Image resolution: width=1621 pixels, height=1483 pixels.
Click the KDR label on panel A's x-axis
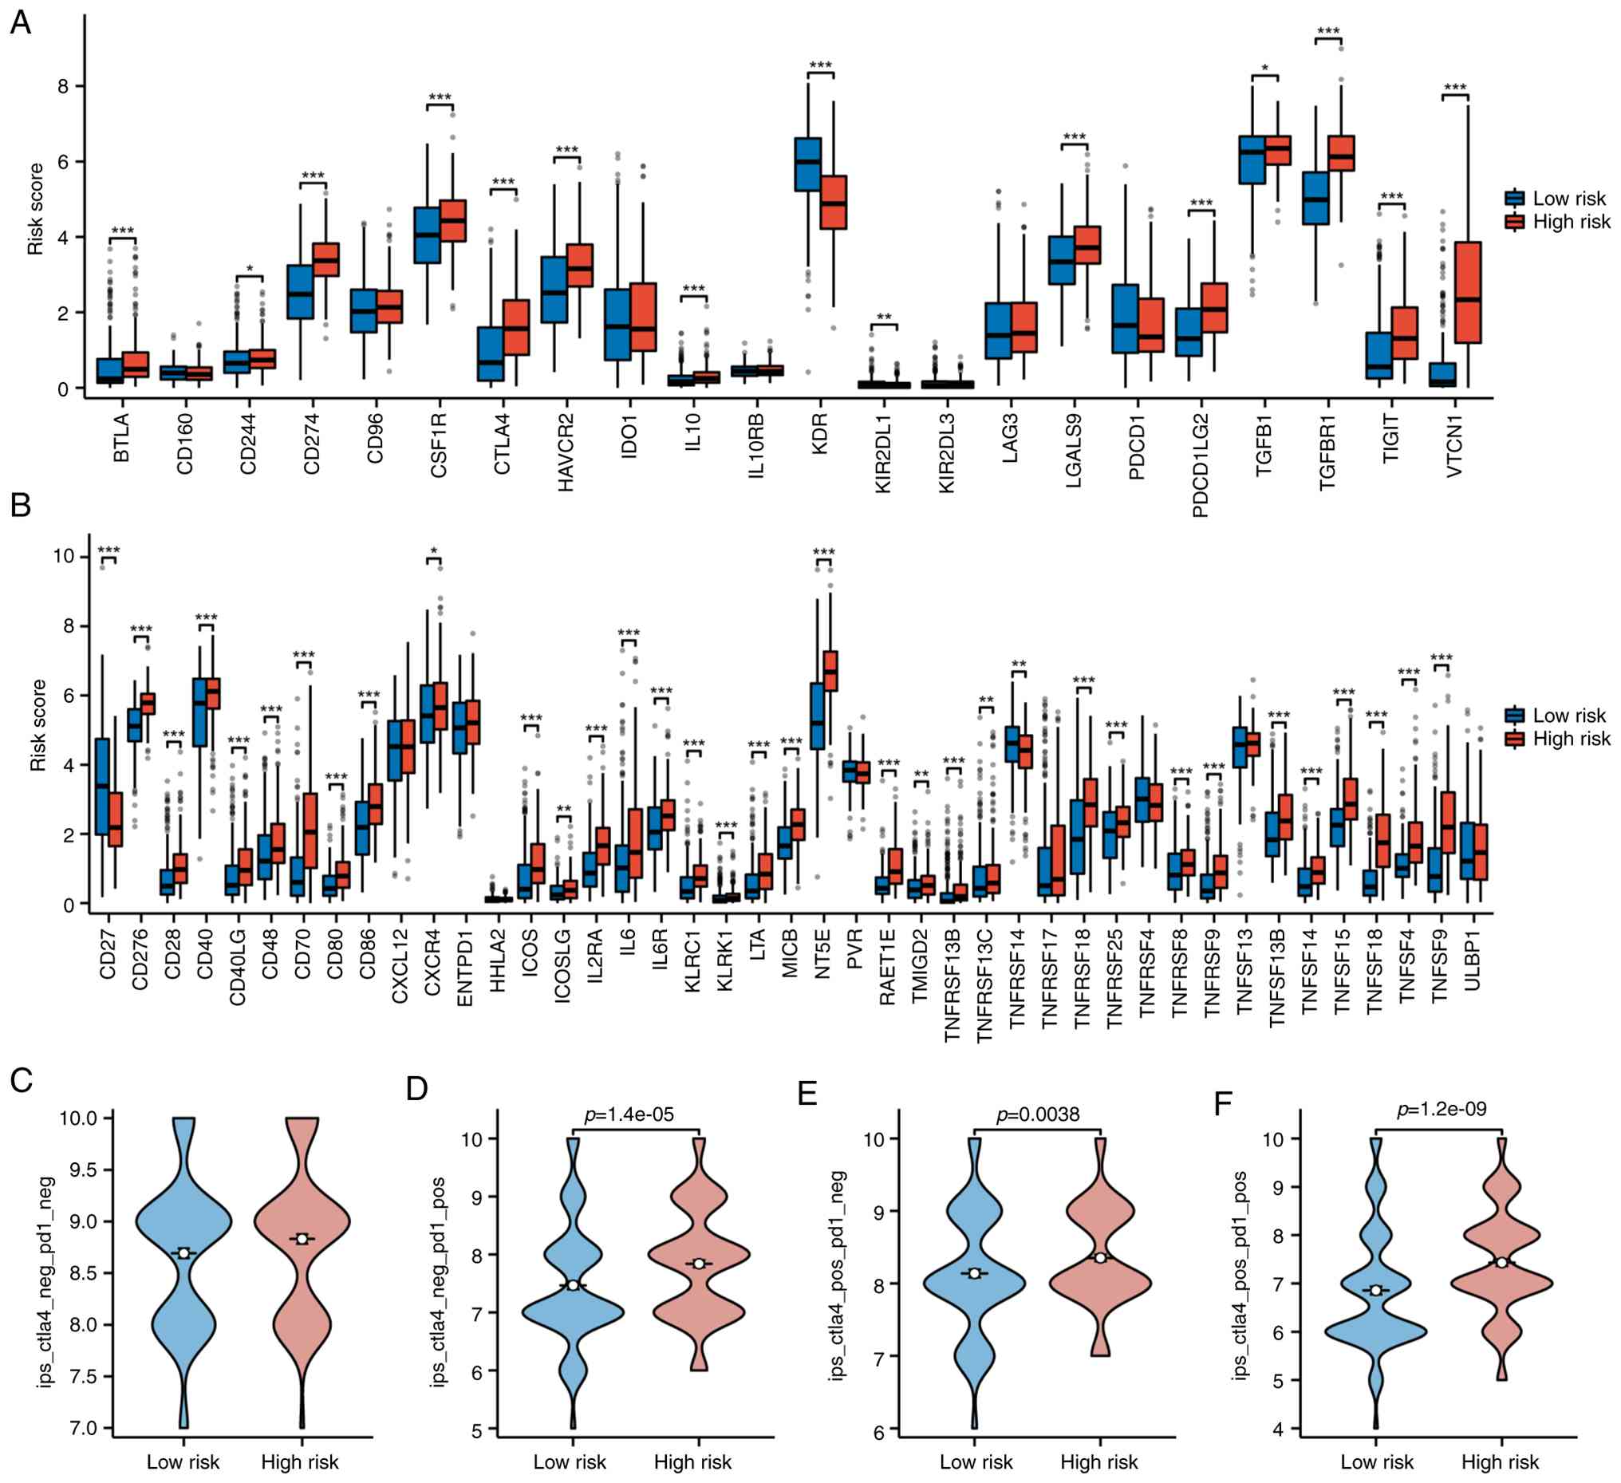820,434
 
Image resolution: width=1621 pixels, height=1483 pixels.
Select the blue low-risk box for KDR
808,164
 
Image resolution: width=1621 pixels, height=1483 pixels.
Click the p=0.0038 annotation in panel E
1037,1114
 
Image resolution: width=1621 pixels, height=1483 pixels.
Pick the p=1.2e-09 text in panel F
1442,1109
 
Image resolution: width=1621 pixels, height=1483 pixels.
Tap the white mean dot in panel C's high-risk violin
302,1239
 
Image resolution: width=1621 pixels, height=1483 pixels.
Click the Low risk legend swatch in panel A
1515,199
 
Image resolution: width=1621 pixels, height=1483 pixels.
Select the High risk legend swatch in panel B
1515,739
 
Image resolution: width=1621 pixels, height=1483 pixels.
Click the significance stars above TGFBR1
1327,31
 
